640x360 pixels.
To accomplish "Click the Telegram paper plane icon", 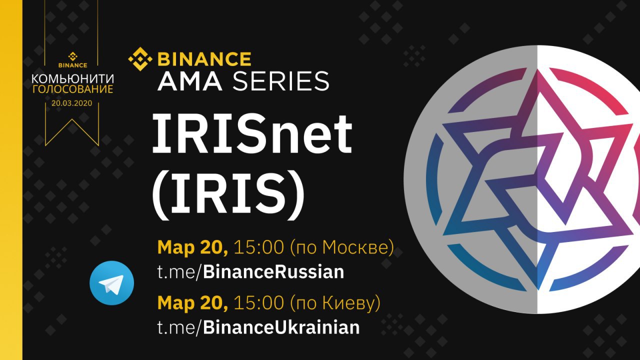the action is (x=111, y=283).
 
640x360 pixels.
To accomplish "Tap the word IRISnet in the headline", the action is (x=252, y=133).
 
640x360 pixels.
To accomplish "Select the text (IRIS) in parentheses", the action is (x=228, y=194).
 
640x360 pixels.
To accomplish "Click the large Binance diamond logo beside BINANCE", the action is (x=140, y=59).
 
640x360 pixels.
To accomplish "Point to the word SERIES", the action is (x=280, y=81).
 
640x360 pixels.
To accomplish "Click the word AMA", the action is (x=189, y=81).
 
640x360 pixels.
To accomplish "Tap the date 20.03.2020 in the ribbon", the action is (x=72, y=103).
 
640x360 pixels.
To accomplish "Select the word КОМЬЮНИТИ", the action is (x=72, y=78).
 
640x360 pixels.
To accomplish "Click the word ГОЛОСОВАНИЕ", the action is (x=72, y=89).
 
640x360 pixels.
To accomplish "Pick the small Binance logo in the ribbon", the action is (x=72, y=60).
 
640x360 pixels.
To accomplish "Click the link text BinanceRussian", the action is (x=273, y=271).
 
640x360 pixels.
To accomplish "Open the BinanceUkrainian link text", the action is (x=281, y=327).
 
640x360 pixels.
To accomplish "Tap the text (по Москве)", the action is (x=342, y=247).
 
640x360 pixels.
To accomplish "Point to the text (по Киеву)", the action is (x=335, y=303).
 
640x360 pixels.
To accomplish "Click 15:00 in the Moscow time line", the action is (x=258, y=247).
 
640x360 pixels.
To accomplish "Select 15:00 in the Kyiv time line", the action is (x=258, y=302).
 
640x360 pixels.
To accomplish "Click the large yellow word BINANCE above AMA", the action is (x=204, y=59).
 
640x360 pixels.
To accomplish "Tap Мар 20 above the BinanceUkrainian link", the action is (x=192, y=303).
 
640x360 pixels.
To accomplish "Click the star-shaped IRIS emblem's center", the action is (x=537, y=179).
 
